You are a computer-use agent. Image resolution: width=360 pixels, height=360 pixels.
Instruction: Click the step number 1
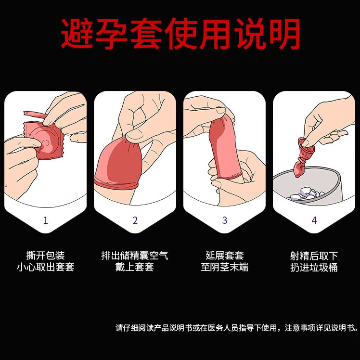tap(45, 220)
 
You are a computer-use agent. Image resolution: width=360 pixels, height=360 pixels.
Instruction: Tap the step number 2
tap(135, 220)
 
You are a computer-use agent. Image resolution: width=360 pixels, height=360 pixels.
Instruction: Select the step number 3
tap(225, 220)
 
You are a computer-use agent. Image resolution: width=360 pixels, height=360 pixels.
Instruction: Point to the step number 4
tap(314, 220)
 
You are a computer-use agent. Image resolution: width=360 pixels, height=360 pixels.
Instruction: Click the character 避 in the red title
tap(77, 34)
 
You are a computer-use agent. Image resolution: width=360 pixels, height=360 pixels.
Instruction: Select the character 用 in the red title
tap(216, 34)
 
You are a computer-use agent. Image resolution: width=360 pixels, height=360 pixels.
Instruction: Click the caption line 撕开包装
tap(45, 255)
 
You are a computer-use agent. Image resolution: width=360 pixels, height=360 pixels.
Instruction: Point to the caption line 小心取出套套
tap(45, 267)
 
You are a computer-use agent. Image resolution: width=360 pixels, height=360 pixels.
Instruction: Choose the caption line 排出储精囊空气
tap(135, 255)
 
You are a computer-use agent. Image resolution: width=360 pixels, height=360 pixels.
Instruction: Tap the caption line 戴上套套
tap(135, 267)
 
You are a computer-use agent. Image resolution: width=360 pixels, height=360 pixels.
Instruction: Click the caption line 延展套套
tap(225, 255)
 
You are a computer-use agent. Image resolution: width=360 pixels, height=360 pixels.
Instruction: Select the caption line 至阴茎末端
tap(225, 267)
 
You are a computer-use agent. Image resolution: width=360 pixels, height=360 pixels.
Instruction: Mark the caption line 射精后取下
tap(314, 255)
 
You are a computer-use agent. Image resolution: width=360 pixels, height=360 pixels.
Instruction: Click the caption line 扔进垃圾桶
tap(314, 267)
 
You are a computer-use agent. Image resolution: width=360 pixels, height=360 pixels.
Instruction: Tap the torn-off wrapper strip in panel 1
tap(35, 114)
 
